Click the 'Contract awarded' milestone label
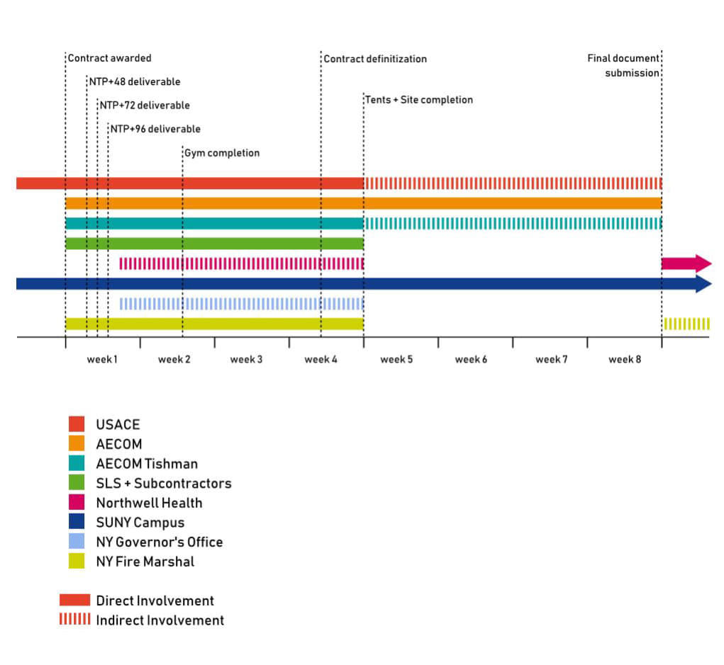click(109, 58)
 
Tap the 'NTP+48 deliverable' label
click(135, 81)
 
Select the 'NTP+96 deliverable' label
click(155, 129)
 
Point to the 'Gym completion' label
click(222, 153)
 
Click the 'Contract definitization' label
click(375, 59)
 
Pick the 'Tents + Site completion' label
click(419, 100)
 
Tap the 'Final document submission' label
click(624, 65)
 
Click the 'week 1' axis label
click(102, 360)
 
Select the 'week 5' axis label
click(396, 360)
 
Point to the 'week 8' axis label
click(624, 360)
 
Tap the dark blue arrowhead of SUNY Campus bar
click(703, 284)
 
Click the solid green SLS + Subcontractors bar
click(214, 244)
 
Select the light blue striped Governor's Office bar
click(241, 304)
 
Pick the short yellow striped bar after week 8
click(686, 324)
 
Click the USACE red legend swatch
click(77, 424)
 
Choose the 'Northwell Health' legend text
click(149, 503)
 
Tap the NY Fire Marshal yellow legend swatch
click(77, 562)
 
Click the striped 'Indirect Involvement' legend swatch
click(74, 620)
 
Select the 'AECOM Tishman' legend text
click(147, 464)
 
